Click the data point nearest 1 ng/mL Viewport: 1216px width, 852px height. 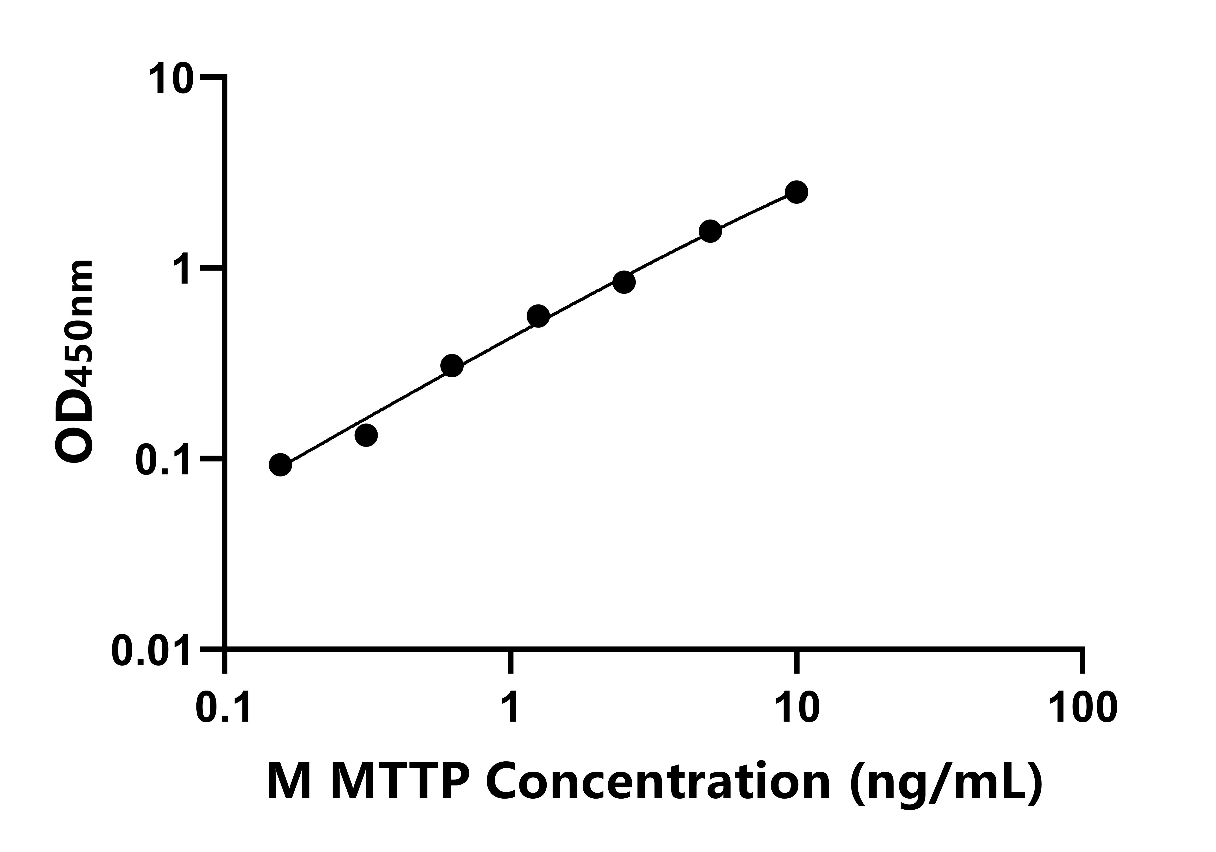pyautogui.click(x=538, y=316)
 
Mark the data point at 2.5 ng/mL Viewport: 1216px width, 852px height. pyautogui.click(x=624, y=282)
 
